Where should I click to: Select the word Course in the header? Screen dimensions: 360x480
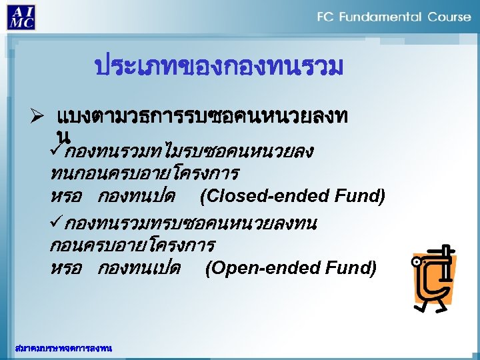point(449,17)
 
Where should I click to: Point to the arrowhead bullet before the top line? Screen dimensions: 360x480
point(37,118)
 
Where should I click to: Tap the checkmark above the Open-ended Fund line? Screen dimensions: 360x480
point(56,223)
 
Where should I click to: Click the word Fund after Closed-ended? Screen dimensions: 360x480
point(364,197)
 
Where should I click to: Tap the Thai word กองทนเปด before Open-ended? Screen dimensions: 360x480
point(139,269)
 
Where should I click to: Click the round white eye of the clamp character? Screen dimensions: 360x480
point(419,263)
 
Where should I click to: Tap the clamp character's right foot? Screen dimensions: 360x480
point(441,309)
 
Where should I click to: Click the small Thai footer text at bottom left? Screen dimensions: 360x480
point(63,348)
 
